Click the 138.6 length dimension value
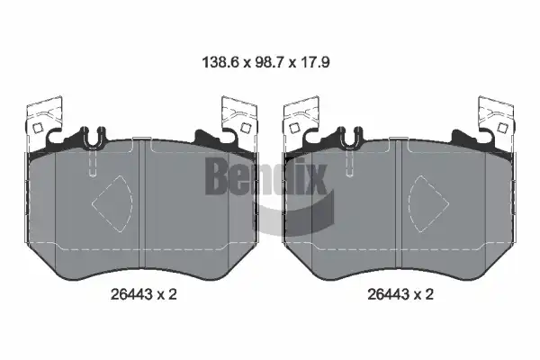[x=220, y=63]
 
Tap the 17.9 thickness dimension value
[x=314, y=63]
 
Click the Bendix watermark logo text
[x=265, y=175]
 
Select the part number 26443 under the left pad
[x=131, y=294]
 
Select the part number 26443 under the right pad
[x=389, y=294]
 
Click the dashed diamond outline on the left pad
[x=112, y=203]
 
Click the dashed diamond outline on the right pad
[x=428, y=203]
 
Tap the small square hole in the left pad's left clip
[x=38, y=128]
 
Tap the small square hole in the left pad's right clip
[x=246, y=128]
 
